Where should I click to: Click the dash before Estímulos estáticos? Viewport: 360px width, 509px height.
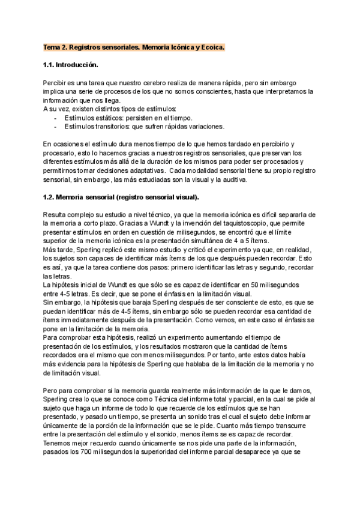(56, 118)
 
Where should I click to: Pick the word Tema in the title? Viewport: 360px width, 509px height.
(53, 46)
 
